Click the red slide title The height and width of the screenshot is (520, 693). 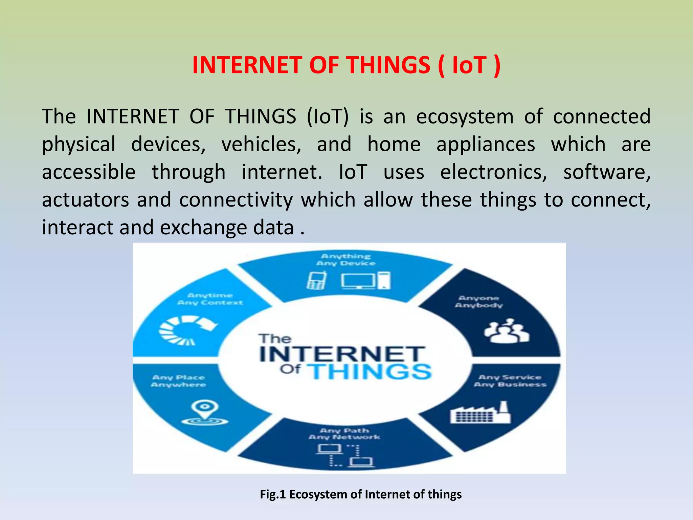pos(346,65)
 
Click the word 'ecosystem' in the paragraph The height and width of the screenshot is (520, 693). pos(465,117)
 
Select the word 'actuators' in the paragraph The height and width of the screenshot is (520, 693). pos(85,200)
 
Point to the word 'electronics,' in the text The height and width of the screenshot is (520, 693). pos(493,172)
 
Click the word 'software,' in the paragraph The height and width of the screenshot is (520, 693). pos(607,172)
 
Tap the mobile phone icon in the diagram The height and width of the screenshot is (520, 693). pos(317,281)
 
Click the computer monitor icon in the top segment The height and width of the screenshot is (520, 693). pos(358,281)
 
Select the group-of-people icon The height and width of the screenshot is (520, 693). pos(506,331)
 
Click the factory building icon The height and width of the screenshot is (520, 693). pos(480,413)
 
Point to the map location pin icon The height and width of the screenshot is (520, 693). pos(205,413)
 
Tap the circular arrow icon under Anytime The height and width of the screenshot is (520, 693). pos(187,330)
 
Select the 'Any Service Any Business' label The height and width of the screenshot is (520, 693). pos(510,381)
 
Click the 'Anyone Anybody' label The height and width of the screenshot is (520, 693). pos(479,302)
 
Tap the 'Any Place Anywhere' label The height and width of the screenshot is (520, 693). pos(179,381)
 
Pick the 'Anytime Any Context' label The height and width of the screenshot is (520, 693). pos(210,299)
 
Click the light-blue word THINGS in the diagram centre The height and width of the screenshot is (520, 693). pos(371,372)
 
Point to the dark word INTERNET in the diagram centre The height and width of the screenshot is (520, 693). pos(342,354)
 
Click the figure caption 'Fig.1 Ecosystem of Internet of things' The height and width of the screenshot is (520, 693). pos(361,494)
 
